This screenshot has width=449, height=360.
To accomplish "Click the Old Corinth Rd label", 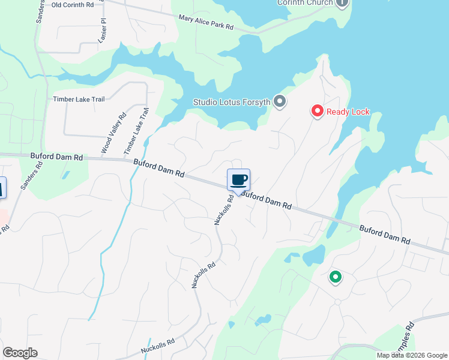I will tap(73, 5).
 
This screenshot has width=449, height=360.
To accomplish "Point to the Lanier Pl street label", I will tap(102, 30).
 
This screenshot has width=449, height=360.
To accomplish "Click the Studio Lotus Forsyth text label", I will tap(232, 101).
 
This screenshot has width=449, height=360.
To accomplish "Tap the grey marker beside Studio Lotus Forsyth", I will tap(279, 101).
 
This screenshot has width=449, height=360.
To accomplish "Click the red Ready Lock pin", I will tap(317, 111).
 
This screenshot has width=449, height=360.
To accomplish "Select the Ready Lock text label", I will tap(348, 112).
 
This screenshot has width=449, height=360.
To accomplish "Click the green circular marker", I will tap(335, 277).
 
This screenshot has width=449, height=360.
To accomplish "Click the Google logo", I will tap(20, 353).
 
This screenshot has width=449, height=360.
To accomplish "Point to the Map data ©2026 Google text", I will tap(411, 355).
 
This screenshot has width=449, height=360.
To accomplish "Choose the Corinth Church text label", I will tap(304, 2).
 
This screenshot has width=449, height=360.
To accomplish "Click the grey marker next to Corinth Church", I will tap(342, 2).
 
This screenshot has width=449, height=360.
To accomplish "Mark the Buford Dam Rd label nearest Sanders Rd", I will tap(56, 157).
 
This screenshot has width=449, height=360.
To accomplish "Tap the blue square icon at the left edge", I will tap(2, 188).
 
